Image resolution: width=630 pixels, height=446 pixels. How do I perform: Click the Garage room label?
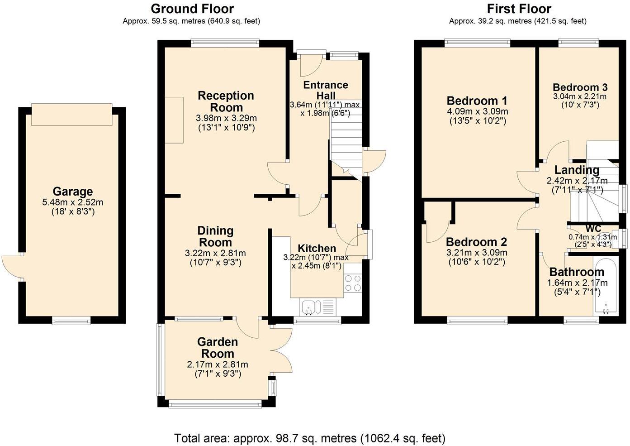click(x=72, y=192)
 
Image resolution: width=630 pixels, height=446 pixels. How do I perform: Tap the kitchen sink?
click(x=310, y=307)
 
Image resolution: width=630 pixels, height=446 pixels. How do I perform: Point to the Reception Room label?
click(x=226, y=101)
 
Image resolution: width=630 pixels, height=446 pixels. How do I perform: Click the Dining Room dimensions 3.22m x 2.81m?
click(x=215, y=253)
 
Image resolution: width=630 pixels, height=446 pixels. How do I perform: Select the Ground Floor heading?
click(x=192, y=9)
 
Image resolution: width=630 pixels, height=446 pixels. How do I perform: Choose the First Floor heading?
click(x=519, y=9)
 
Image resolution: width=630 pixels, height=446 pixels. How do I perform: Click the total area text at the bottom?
click(x=310, y=438)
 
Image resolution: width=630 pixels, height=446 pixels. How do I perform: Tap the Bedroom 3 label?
click(x=580, y=87)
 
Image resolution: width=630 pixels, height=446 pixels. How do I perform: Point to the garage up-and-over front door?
click(x=71, y=115)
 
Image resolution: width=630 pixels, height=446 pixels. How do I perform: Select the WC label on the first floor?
click(x=593, y=228)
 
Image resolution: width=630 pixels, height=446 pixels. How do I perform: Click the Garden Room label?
click(x=217, y=348)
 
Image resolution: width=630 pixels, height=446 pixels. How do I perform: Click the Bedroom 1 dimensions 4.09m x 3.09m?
click(x=477, y=111)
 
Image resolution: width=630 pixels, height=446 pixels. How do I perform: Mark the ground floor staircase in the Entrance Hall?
click(x=346, y=136)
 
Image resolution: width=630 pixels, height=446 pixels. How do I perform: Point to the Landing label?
click(x=577, y=170)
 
